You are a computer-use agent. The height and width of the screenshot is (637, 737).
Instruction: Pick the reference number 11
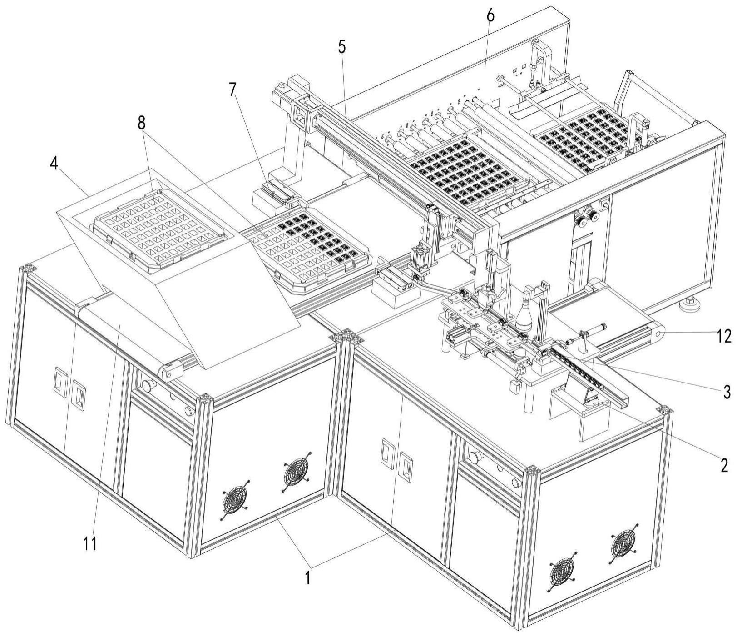(x=90, y=543)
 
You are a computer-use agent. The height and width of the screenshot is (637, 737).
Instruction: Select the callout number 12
(x=724, y=336)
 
